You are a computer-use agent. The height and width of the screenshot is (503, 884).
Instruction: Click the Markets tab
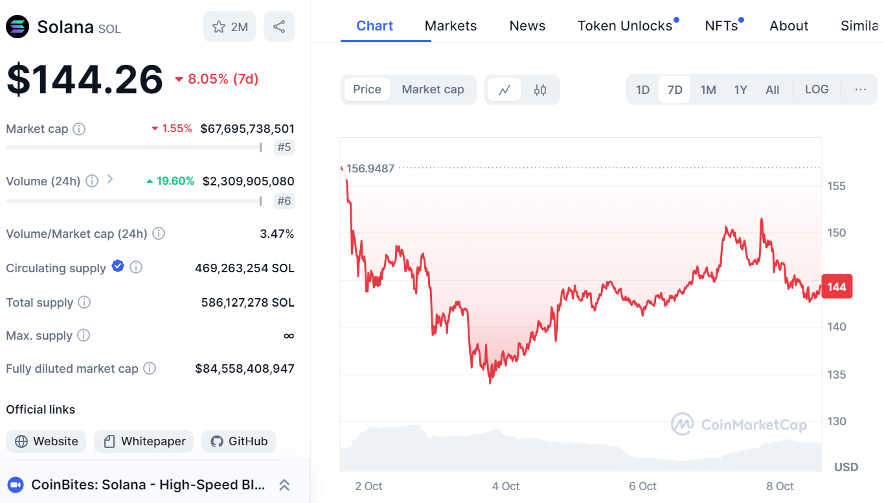click(x=451, y=26)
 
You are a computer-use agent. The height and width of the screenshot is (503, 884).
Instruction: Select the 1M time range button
click(x=708, y=89)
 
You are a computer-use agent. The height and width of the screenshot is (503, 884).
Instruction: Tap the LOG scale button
click(x=817, y=89)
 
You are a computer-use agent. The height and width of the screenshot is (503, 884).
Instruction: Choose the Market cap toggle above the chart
click(x=433, y=89)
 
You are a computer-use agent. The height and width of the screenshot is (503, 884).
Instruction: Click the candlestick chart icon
click(x=540, y=90)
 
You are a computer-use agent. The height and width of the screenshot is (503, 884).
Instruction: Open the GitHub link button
click(x=239, y=441)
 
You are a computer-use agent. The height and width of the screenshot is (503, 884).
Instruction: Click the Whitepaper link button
click(x=144, y=441)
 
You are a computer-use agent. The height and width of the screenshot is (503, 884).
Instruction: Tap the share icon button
click(x=279, y=27)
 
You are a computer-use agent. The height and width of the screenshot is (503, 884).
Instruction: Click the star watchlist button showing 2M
click(x=230, y=27)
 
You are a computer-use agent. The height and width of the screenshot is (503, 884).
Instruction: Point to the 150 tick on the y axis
click(x=837, y=233)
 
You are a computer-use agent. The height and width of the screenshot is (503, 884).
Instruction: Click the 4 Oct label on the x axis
click(x=506, y=486)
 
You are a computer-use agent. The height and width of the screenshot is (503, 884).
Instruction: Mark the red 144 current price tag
click(x=837, y=287)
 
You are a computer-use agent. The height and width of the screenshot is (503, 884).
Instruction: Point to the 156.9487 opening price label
click(x=370, y=169)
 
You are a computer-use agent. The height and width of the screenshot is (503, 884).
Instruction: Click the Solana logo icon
click(x=17, y=27)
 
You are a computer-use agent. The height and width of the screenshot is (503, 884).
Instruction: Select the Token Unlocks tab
click(x=625, y=26)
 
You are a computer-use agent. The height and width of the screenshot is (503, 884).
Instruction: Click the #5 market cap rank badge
click(x=284, y=147)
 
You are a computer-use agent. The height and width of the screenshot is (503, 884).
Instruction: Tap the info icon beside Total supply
click(x=84, y=302)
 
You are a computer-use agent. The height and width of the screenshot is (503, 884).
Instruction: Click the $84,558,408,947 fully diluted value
click(x=245, y=369)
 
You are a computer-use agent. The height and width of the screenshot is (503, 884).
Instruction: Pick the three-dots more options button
click(x=861, y=89)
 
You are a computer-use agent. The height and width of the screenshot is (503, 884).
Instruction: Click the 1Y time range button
click(x=740, y=89)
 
